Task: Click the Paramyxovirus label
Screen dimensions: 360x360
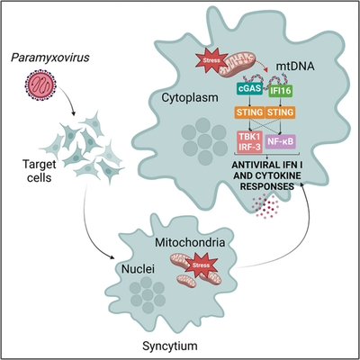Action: point(50,58)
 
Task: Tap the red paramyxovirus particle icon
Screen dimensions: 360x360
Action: point(40,85)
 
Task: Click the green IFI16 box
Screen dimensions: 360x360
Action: point(280,91)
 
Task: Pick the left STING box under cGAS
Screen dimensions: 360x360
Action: point(249,112)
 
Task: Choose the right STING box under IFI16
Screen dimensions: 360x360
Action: point(280,112)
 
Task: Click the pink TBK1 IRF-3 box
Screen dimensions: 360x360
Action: point(249,141)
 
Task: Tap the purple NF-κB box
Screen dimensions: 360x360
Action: point(281,141)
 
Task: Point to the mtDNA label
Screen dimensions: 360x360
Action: point(295,66)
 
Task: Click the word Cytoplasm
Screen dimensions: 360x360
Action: point(190,98)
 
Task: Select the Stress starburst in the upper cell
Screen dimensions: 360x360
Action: point(211,60)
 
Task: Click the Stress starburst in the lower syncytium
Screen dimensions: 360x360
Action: point(202,265)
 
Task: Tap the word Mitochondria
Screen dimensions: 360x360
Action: point(190,242)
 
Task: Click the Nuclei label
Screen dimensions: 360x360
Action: point(138,269)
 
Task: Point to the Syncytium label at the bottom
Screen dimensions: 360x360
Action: point(170,346)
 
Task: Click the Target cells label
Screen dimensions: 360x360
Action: point(40,171)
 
